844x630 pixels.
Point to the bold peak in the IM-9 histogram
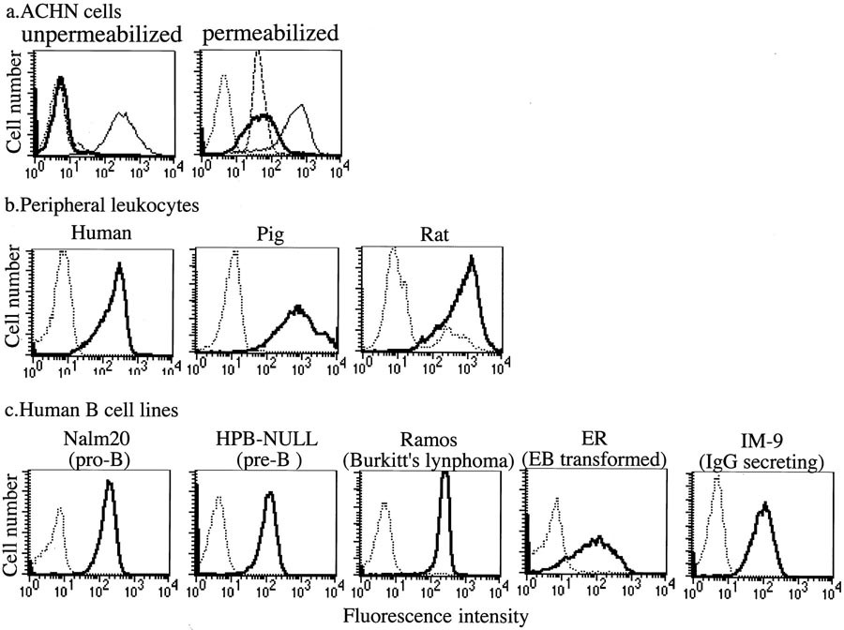pyautogui.click(x=765, y=506)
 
